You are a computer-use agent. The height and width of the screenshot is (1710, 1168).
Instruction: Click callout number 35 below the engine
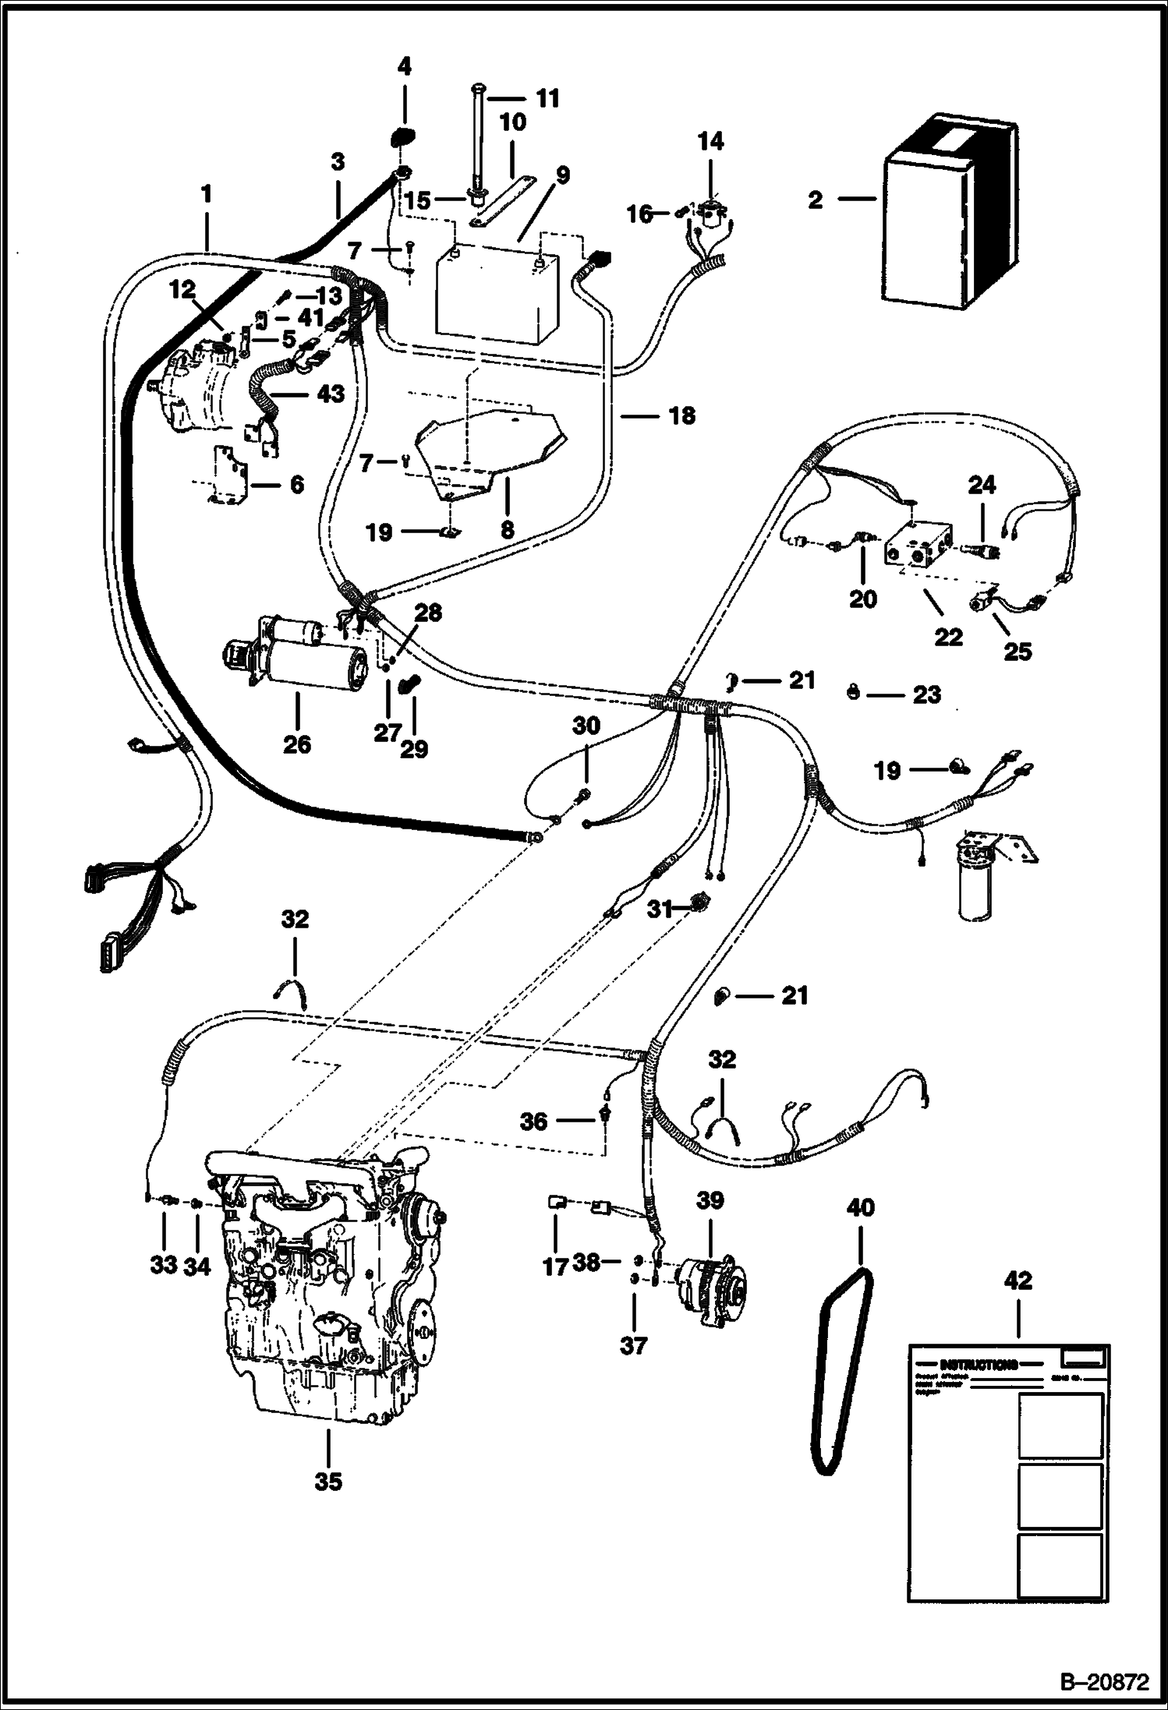point(328,1482)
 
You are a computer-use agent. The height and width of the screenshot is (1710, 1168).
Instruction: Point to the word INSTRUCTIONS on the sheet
point(978,1365)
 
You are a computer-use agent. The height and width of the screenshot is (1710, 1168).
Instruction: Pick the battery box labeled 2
point(947,218)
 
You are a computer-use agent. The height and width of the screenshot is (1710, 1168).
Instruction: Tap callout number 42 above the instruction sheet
point(1018,1280)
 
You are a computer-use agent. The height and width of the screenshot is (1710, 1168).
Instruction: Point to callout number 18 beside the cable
point(681,415)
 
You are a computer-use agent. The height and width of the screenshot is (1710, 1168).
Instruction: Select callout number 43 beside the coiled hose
point(331,394)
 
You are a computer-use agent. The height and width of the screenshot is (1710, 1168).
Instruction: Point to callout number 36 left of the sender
point(535,1122)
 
